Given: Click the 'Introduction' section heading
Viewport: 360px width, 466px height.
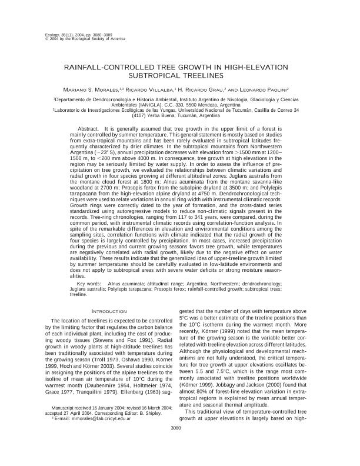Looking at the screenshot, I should click(110, 311).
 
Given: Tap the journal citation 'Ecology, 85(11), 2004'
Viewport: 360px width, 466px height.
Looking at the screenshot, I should click(65, 35).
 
